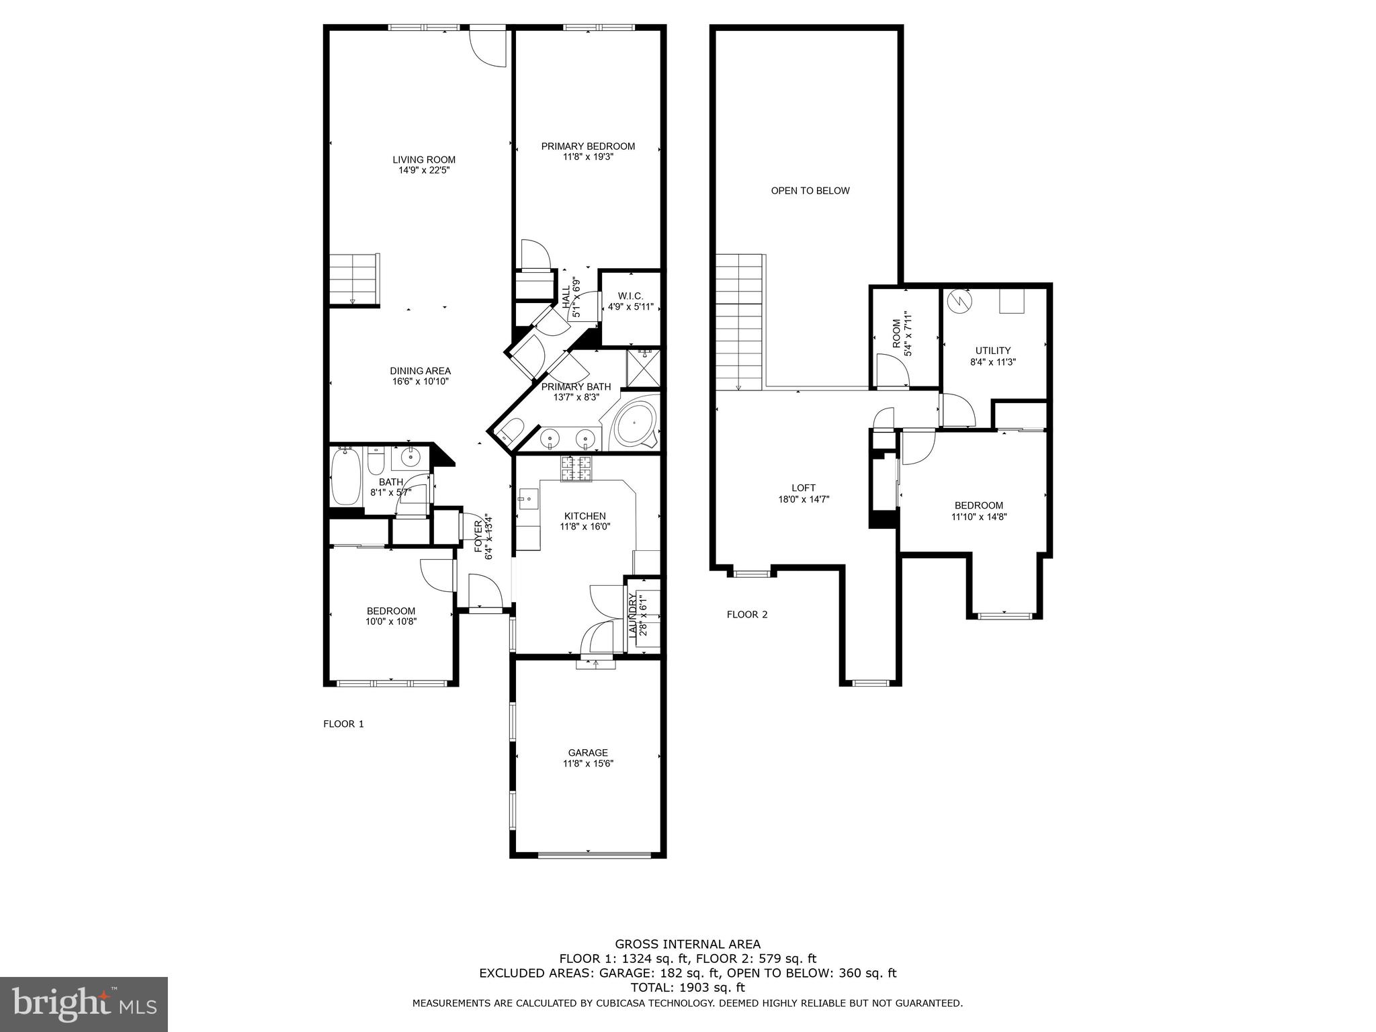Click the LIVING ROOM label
pos(424,160)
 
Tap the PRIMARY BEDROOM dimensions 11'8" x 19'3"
pos(588,157)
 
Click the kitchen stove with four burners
pos(576,468)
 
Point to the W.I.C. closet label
pos(630,296)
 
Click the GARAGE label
pos(588,752)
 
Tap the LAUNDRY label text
pos(632,615)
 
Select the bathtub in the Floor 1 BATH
pos(345,477)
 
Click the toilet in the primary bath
pos(513,430)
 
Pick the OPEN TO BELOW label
pos(810,191)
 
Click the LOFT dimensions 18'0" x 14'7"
pos(804,499)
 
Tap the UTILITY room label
pos(993,351)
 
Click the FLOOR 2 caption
pos(746,614)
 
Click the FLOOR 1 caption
pos(343,724)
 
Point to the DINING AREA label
pos(420,371)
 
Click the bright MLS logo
pos(84,1004)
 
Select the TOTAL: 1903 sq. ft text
pos(687,988)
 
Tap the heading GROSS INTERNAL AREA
pos(687,944)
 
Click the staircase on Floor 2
pos(739,322)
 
